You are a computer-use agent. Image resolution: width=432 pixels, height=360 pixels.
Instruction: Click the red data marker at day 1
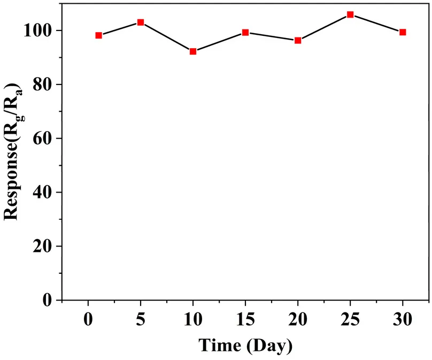tap(98, 35)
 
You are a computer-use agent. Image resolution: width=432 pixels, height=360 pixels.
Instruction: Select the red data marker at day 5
tap(141, 22)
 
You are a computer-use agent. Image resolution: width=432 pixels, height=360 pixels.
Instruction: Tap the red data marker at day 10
tap(193, 51)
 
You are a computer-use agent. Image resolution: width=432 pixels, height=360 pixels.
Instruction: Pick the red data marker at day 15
tap(245, 33)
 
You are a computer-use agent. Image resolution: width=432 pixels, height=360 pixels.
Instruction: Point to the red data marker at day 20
tap(298, 41)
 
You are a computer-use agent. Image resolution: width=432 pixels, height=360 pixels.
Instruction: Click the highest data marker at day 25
tap(350, 14)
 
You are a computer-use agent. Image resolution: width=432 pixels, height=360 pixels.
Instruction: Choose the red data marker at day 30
tap(403, 32)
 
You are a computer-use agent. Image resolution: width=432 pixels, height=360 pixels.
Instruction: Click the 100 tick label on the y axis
tap(39, 30)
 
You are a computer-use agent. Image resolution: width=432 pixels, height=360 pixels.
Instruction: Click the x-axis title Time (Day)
tap(245, 345)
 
